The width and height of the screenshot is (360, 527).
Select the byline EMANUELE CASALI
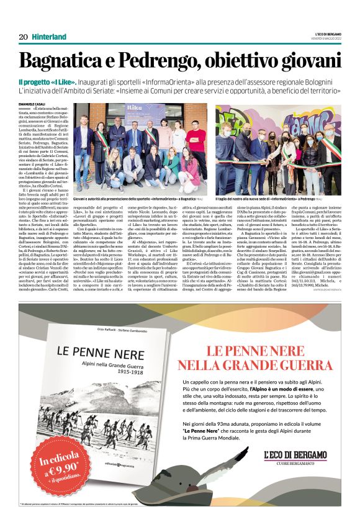pos(32,102)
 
